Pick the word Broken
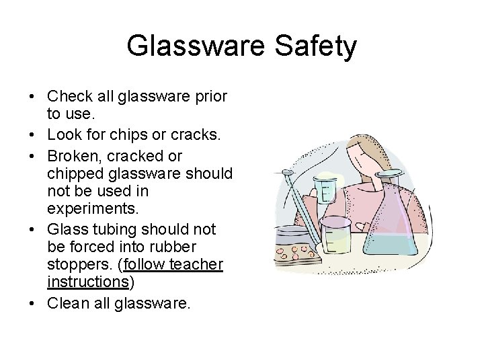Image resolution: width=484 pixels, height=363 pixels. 73,156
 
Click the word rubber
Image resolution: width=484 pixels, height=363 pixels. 195,247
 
